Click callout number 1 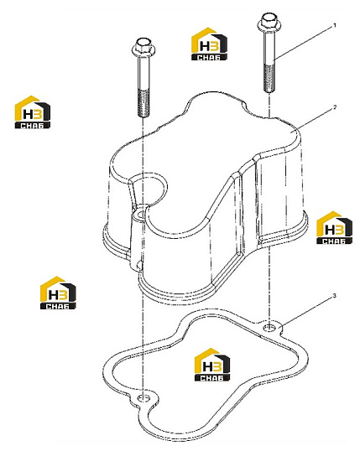coord(334,26)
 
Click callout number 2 coord(334,107)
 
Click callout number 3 coord(334,295)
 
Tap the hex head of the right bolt coord(269,22)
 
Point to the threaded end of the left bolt coord(143,103)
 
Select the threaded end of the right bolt coord(269,78)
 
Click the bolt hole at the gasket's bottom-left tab coord(143,398)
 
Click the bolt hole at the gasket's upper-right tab coord(269,327)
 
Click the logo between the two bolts coord(209,44)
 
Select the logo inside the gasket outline coord(212,365)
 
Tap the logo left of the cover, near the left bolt coord(33,112)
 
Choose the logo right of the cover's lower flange coord(334,228)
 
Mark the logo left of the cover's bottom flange coord(58,293)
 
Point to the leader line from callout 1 coord(303,43)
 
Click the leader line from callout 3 coord(307,312)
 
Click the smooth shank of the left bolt coord(143,72)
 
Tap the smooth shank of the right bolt coord(269,48)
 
